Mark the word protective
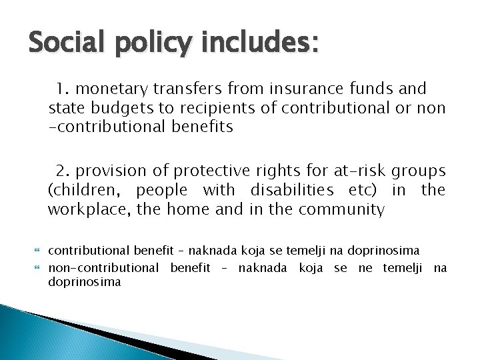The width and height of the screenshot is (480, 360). (x=200, y=172)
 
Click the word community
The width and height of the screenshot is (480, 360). (x=345, y=211)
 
